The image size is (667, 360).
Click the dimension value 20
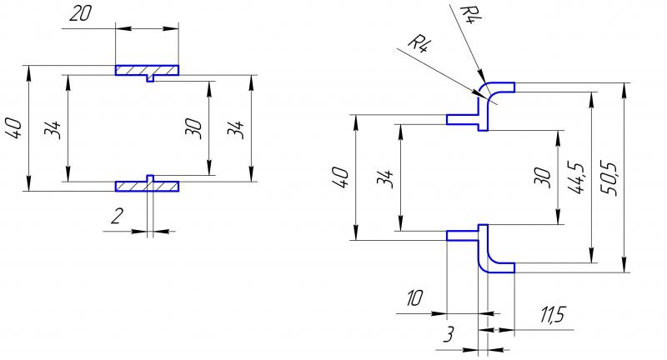pyautogui.click(x=80, y=13)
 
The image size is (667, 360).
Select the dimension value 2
pyautogui.click(x=117, y=216)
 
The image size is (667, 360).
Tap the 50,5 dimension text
pyautogui.click(x=611, y=178)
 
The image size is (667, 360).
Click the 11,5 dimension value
pyautogui.click(x=553, y=315)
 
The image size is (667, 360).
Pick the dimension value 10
pyautogui.click(x=414, y=298)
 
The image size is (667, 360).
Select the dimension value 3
pyautogui.click(x=449, y=334)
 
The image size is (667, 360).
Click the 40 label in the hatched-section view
pyautogui.click(x=13, y=128)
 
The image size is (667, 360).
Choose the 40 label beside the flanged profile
pyautogui.click(x=341, y=177)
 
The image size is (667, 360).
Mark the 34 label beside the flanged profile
pyautogui.click(x=385, y=178)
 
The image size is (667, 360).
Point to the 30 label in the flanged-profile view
pyautogui.click(x=541, y=177)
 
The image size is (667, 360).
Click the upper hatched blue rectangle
pyautogui.click(x=147, y=70)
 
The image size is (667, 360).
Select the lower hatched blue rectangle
pyautogui.click(x=147, y=186)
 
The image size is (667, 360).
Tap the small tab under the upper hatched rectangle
pyautogui.click(x=150, y=78)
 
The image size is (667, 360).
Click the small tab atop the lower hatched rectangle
pyautogui.click(x=150, y=178)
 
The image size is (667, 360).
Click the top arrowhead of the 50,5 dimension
pyautogui.click(x=624, y=89)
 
